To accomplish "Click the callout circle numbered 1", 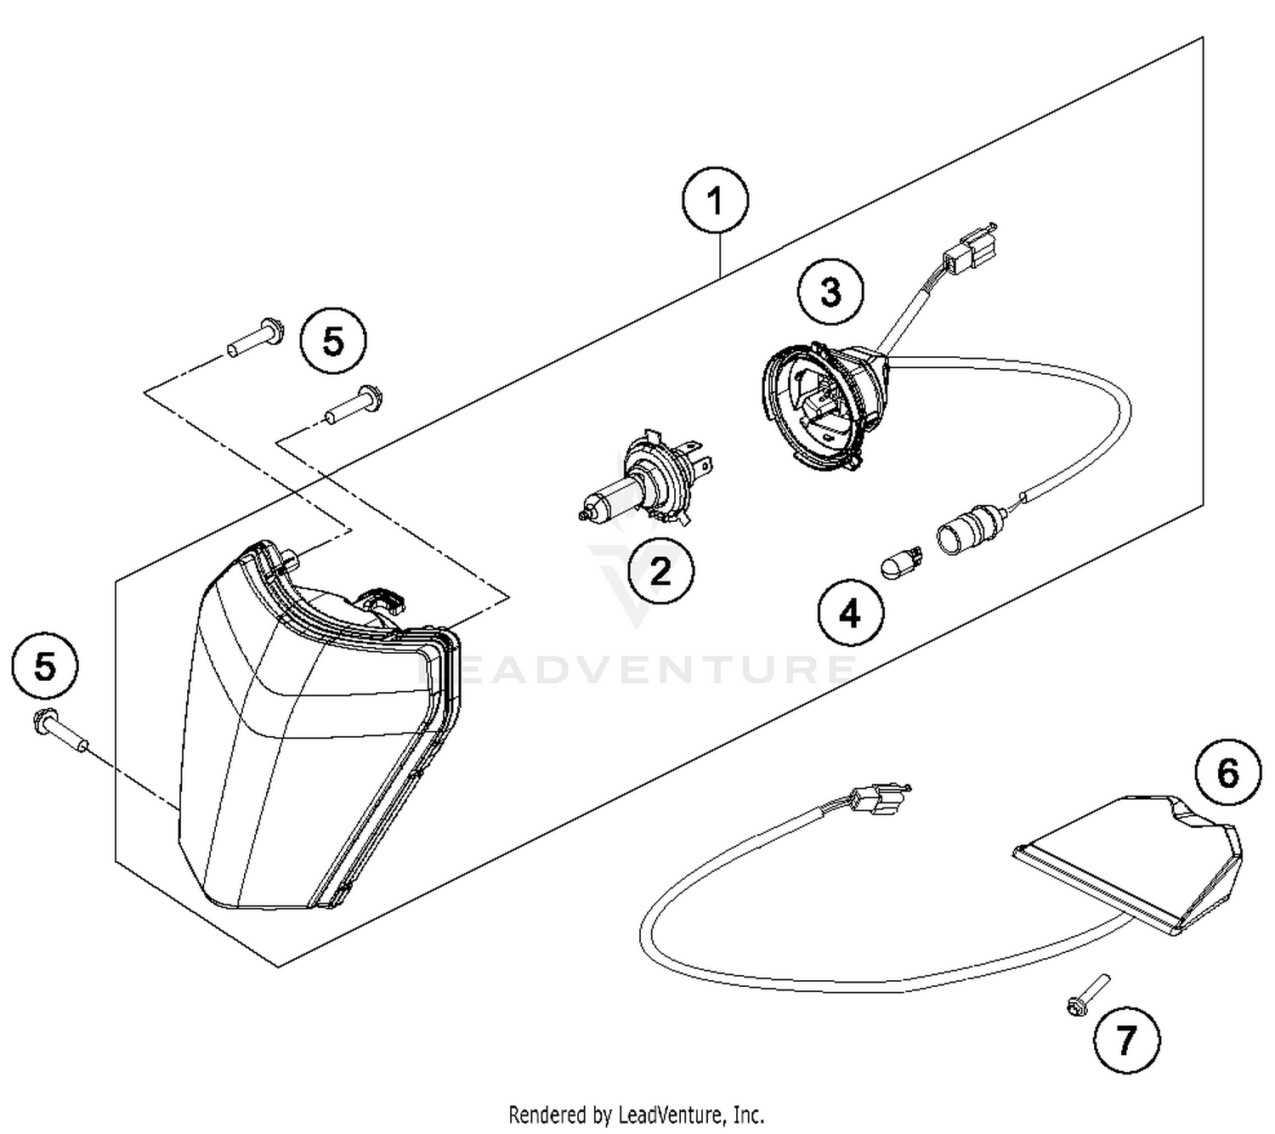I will point(715,201).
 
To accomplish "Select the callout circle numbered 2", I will point(660,570).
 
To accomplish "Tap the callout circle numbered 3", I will point(830,292).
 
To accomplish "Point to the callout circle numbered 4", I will point(851,612).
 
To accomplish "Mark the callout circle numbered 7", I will point(1126,1039).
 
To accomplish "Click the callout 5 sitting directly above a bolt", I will point(45,666).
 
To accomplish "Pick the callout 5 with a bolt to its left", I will point(333,342).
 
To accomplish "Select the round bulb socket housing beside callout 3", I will point(820,404).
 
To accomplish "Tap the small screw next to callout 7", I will point(1087,995).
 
